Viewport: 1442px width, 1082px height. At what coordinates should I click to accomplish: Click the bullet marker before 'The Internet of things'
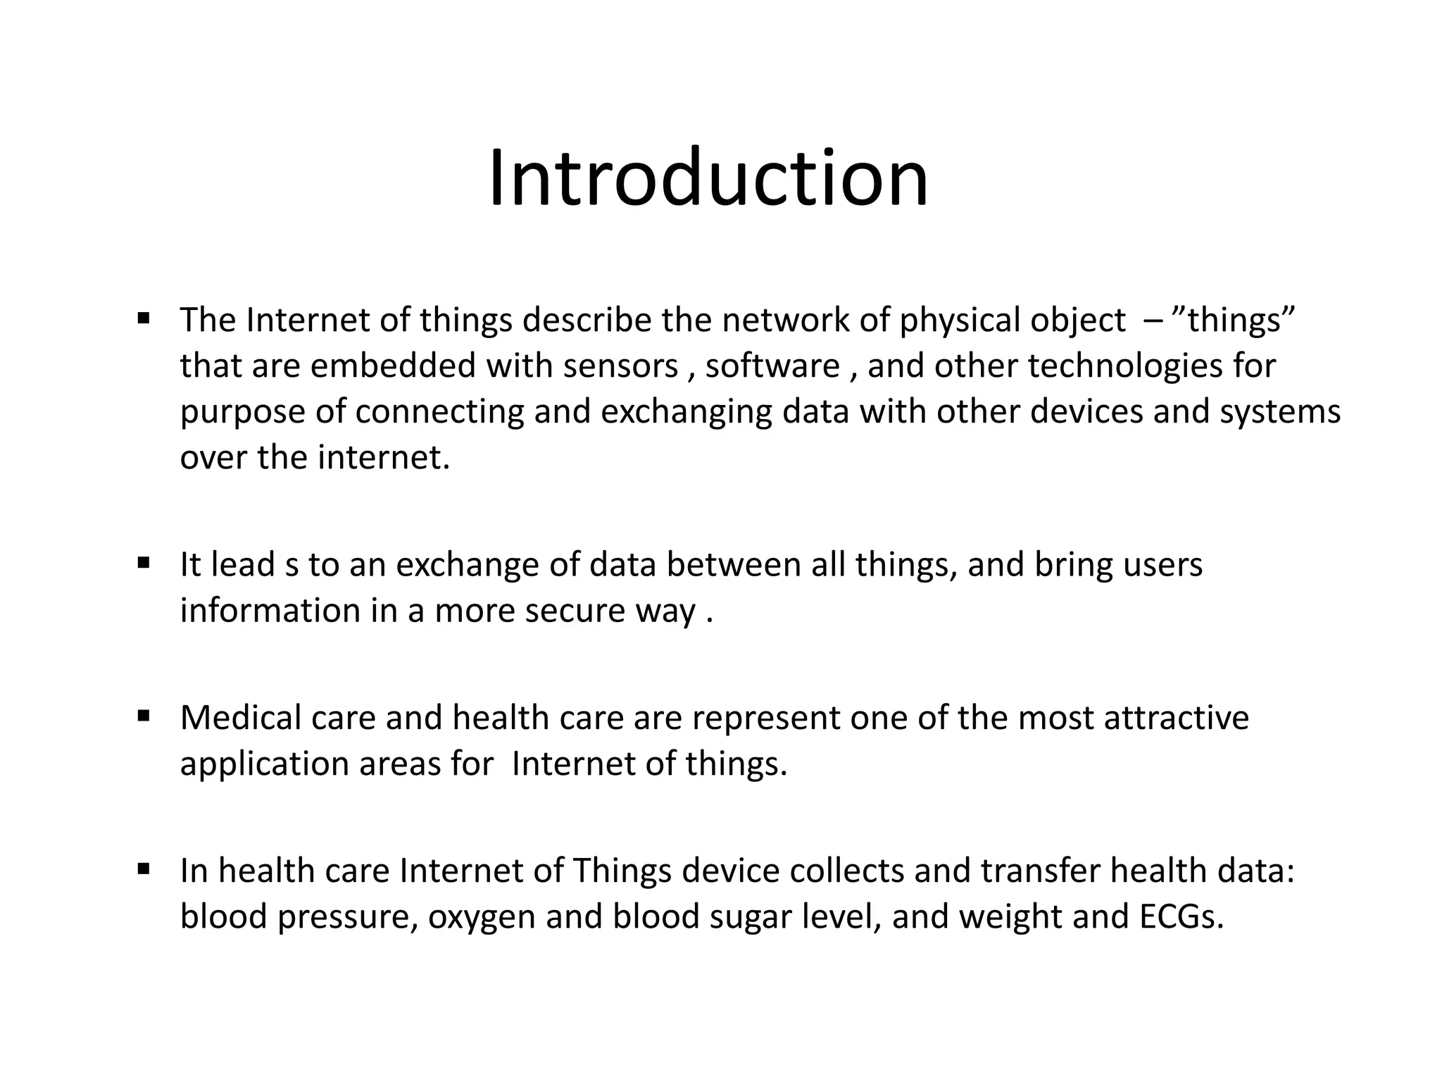[144, 318]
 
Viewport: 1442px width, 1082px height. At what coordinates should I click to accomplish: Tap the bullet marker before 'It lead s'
[144, 563]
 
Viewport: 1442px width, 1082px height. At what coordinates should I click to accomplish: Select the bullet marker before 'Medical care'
[144, 716]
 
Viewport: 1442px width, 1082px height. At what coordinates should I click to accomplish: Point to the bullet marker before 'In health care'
[144, 869]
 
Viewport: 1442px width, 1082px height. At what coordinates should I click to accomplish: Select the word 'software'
[772, 366]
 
